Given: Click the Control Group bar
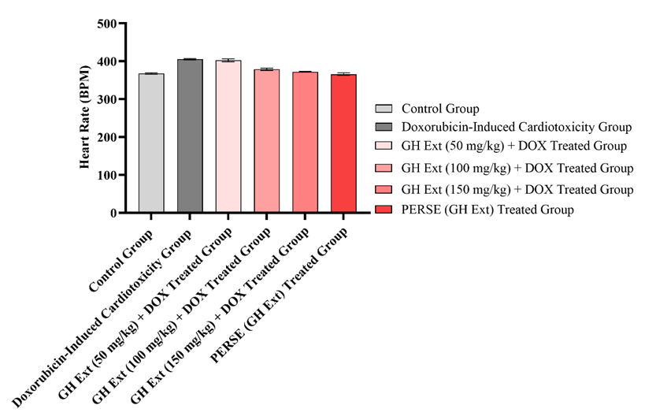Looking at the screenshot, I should [151, 143].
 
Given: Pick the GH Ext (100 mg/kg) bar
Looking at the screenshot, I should [266, 141].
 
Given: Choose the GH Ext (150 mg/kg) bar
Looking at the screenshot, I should [305, 143].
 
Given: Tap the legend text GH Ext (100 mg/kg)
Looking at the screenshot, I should [517, 169].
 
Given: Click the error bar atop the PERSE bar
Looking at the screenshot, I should [343, 73].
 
